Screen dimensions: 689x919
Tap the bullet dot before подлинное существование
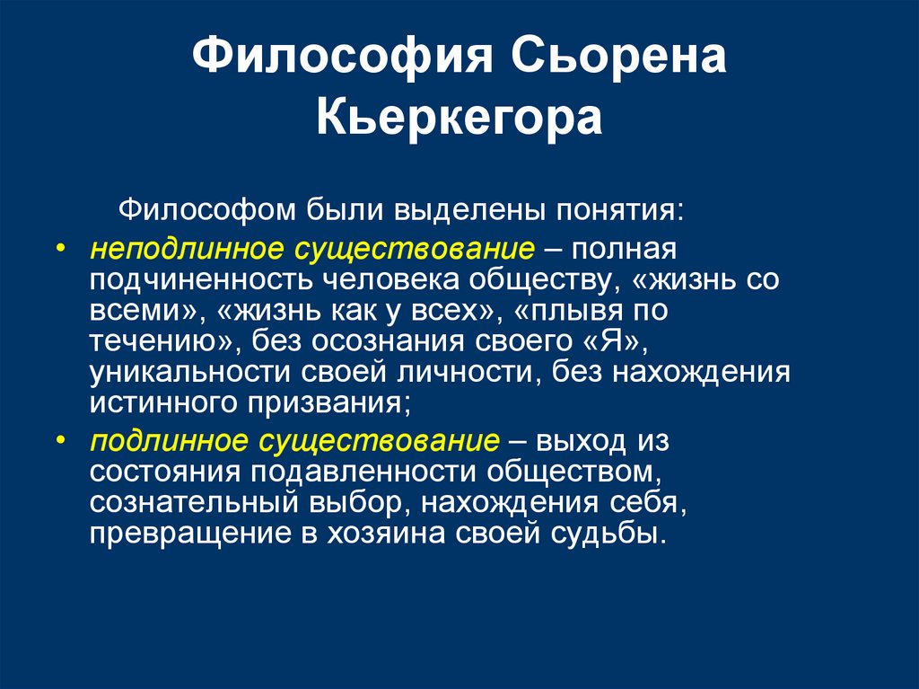pyautogui.click(x=59, y=441)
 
